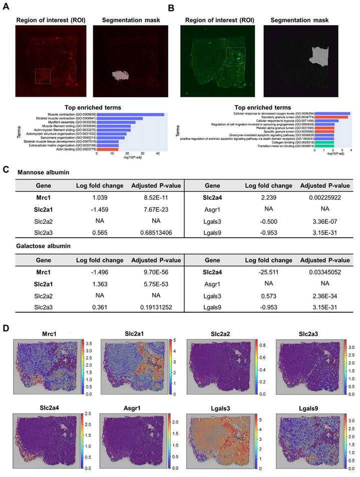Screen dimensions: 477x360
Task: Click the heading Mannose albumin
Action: tap(45, 172)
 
